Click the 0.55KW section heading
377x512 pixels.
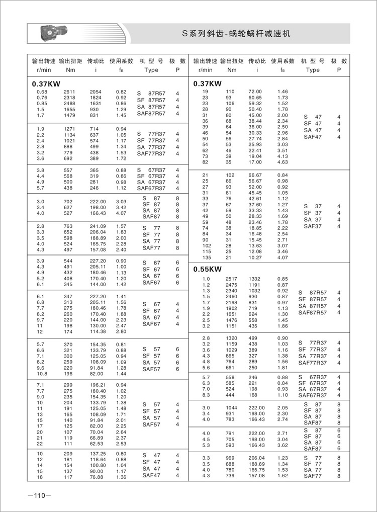(x=207, y=269)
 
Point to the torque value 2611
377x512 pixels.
(x=69, y=92)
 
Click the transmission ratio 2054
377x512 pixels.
(x=96, y=92)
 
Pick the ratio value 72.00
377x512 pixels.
(x=256, y=92)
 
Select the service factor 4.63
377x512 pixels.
(x=282, y=162)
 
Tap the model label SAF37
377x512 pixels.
(x=313, y=226)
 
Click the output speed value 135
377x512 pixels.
(x=205, y=258)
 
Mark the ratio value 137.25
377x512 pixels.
(x=98, y=455)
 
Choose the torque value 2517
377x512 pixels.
(x=231, y=279)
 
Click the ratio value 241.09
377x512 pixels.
(x=98, y=226)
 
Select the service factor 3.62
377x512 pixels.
(x=282, y=445)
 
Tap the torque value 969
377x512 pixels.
(x=231, y=458)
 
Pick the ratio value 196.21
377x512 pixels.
(x=98, y=385)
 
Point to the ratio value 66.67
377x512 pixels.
(x=256, y=175)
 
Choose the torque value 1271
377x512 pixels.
(x=69, y=129)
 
